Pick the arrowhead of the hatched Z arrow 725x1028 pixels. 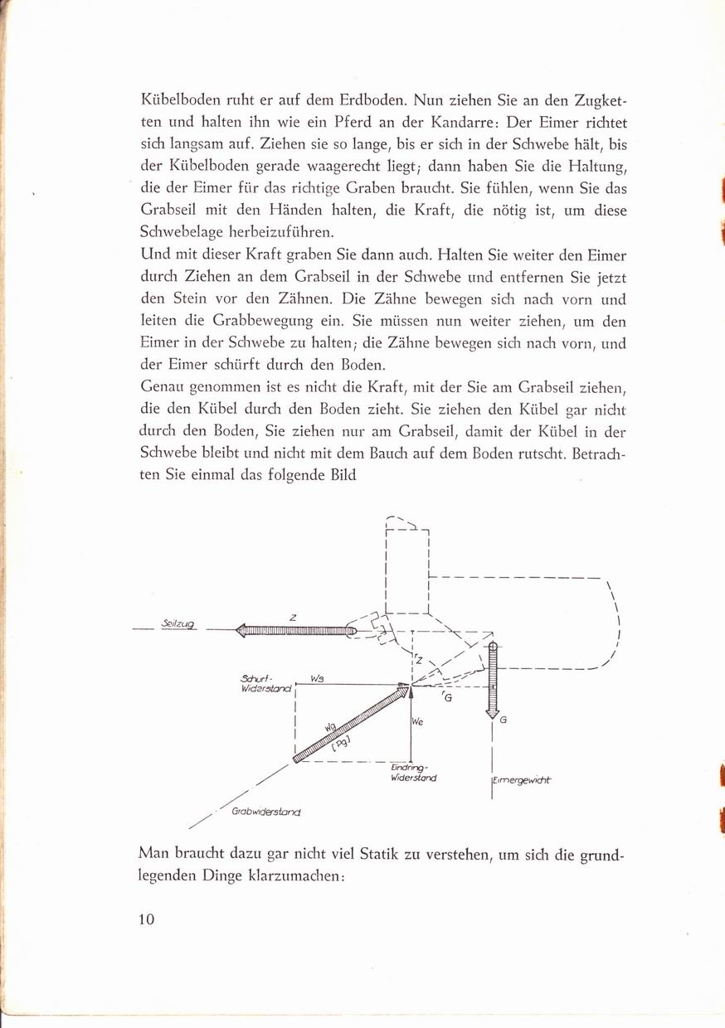pos(243,631)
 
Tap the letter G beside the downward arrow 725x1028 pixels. pos(504,720)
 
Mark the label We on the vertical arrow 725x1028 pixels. pos(418,722)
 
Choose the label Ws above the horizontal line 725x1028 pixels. pos(316,677)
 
